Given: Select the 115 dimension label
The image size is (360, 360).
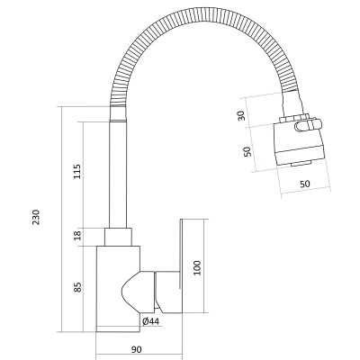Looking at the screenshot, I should click(x=76, y=171).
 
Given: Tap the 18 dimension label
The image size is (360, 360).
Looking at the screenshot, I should click(x=76, y=235).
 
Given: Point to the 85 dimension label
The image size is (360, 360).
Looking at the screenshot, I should click(x=76, y=287).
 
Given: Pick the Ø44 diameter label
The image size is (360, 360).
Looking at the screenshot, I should click(x=150, y=320).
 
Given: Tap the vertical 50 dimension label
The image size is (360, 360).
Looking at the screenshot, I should click(x=247, y=151).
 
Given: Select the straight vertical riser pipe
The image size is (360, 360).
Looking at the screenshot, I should click(x=117, y=175).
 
